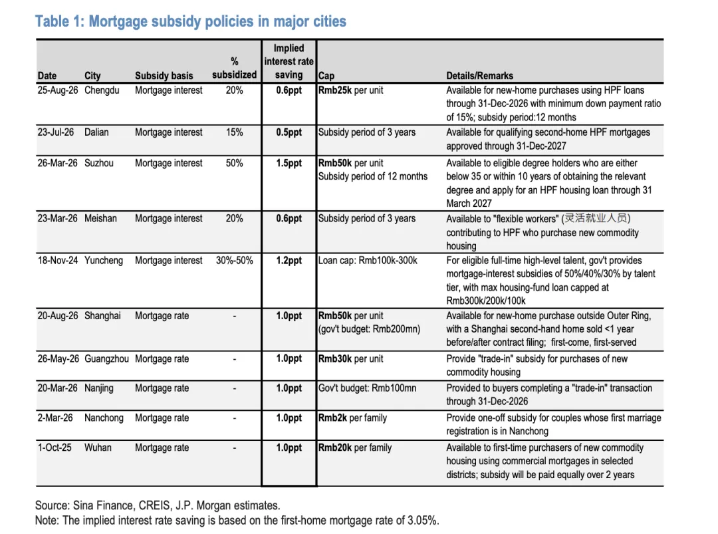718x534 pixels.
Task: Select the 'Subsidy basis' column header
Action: pyautogui.click(x=164, y=76)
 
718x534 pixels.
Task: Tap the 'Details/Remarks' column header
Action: pyautogui.click(x=479, y=76)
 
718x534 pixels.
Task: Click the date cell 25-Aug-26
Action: pyautogui.click(x=58, y=90)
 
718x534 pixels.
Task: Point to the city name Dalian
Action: pyautogui.click(x=96, y=132)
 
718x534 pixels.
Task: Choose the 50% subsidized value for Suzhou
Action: pyautogui.click(x=234, y=163)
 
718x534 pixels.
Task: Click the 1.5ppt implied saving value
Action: pyautogui.click(x=289, y=163)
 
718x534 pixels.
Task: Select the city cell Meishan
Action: pyautogui.click(x=100, y=218)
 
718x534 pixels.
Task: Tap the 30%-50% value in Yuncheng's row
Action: pyautogui.click(x=234, y=261)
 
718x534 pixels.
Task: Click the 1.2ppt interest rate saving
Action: pyautogui.click(x=289, y=261)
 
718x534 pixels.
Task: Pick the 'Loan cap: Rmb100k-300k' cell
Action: pyautogui.click(x=368, y=261)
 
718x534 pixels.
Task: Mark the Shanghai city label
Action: pyautogui.click(x=102, y=316)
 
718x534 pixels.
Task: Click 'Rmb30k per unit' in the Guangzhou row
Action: pyautogui.click(x=351, y=358)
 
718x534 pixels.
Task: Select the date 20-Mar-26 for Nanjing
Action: pyautogui.click(x=58, y=388)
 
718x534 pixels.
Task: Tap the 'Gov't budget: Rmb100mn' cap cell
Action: pyautogui.click(x=367, y=388)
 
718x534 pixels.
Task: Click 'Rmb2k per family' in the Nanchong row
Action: pyautogui.click(x=352, y=418)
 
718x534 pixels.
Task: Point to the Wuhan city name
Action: pyautogui.click(x=98, y=448)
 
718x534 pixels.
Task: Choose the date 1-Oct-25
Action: pyautogui.click(x=55, y=448)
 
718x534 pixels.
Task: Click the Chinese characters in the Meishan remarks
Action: pyautogui.click(x=596, y=218)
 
